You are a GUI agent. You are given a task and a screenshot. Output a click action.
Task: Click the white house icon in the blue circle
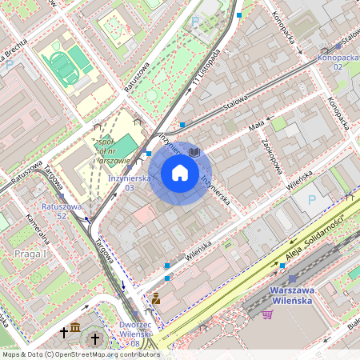(179, 173)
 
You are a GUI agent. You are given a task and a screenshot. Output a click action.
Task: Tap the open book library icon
(194, 151)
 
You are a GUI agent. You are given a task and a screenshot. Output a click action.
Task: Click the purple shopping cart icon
(267, 314)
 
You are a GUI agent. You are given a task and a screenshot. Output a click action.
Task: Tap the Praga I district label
(31, 254)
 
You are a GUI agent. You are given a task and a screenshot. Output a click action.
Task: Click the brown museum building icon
(75, 330)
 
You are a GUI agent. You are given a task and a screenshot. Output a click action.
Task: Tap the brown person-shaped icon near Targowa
(156, 298)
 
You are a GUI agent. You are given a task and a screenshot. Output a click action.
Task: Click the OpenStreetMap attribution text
(80, 354)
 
